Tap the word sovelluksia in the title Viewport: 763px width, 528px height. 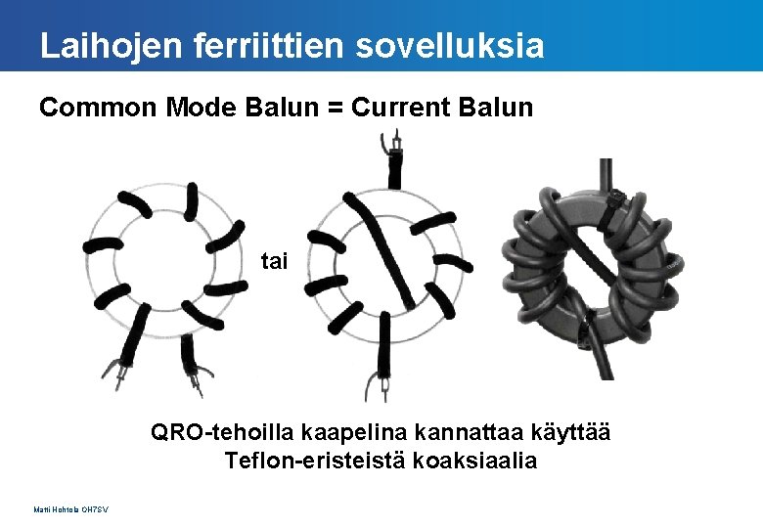[449, 46]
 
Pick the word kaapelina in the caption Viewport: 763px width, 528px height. [340, 432]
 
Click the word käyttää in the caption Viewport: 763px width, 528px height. [561, 432]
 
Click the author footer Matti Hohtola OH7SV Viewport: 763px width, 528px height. [71, 509]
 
